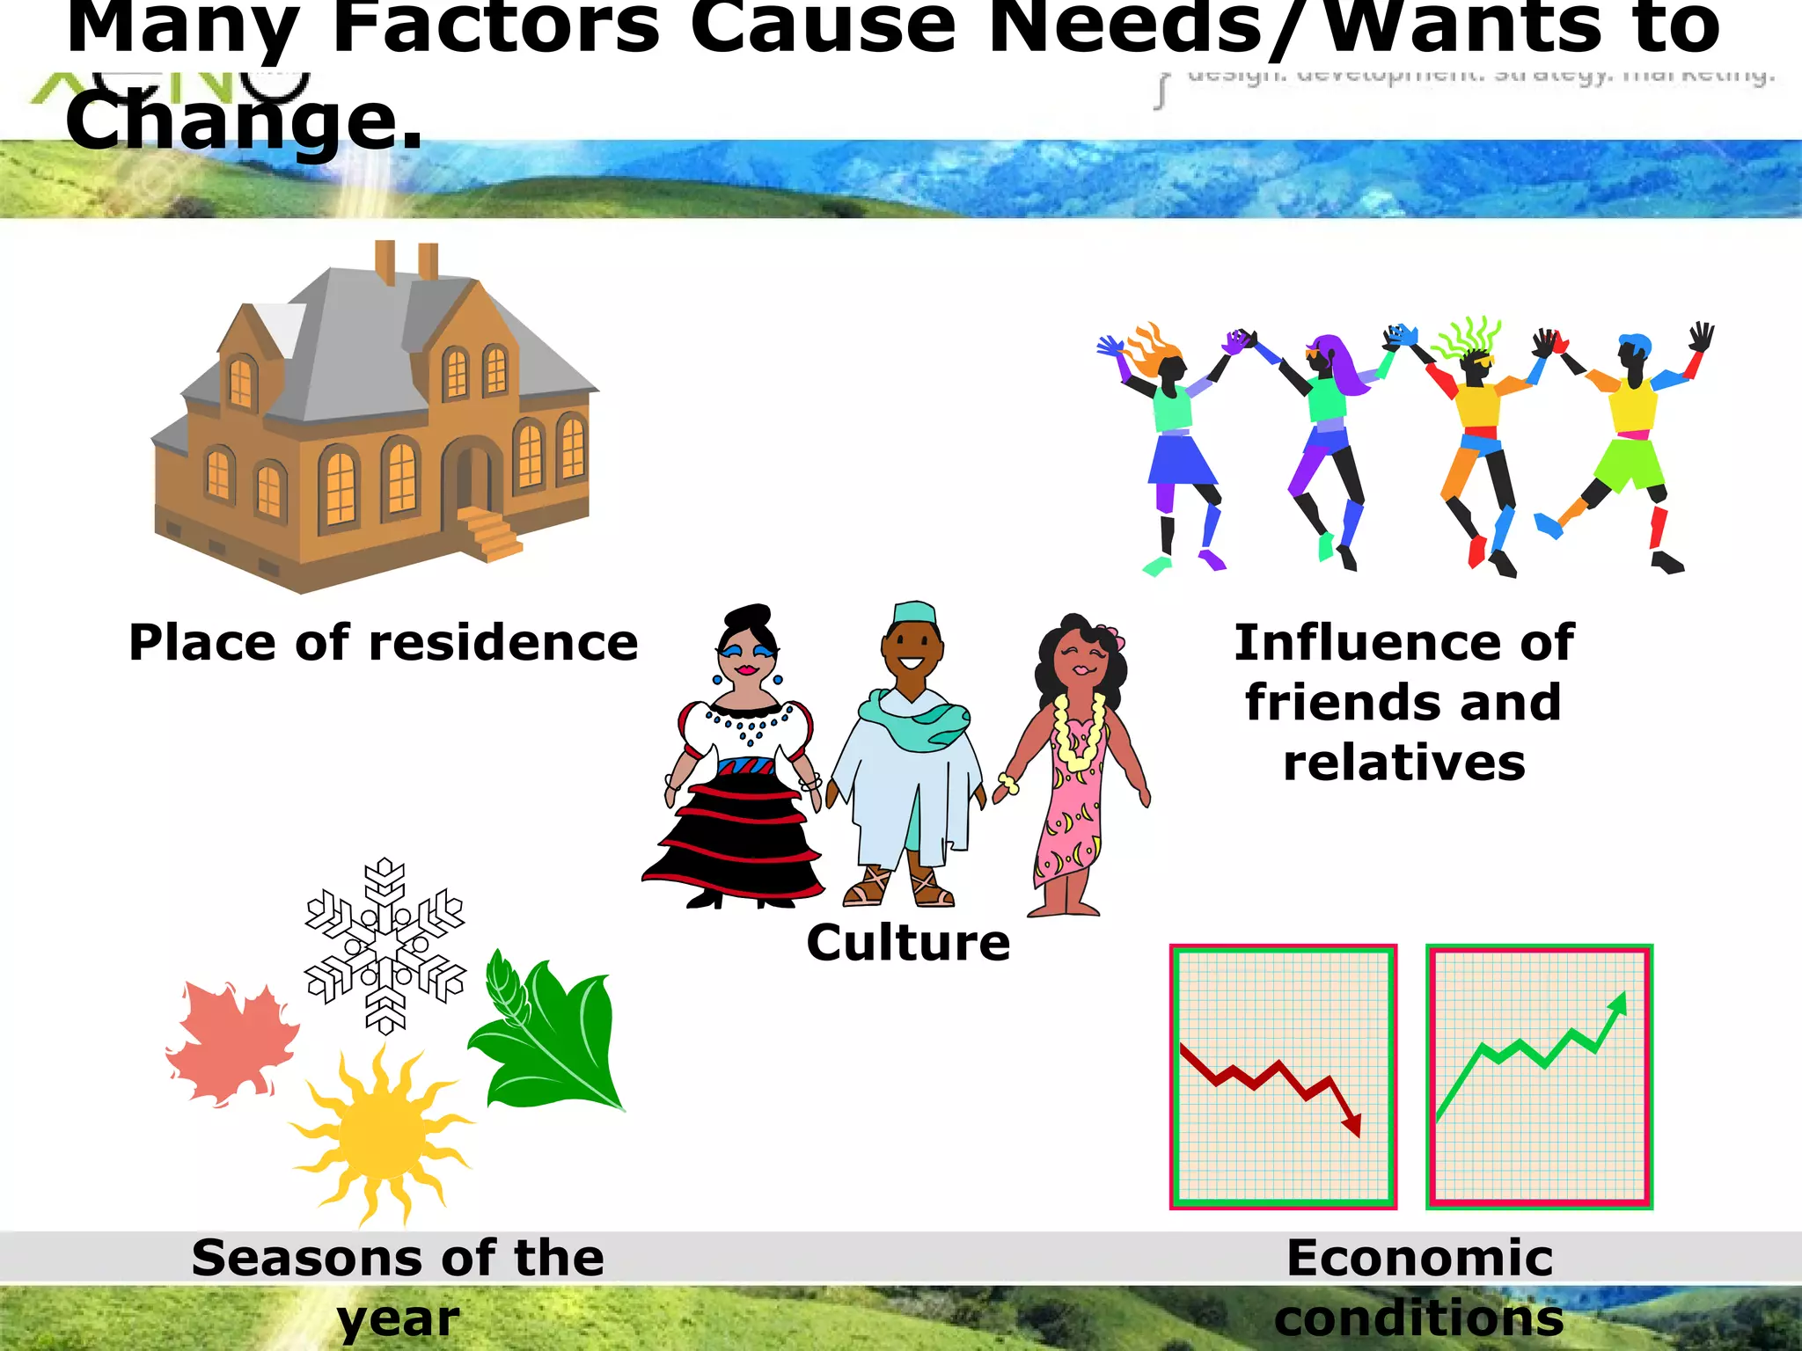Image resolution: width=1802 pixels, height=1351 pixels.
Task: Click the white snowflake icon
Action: point(385,946)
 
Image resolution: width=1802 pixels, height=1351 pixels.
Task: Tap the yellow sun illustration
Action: point(380,1136)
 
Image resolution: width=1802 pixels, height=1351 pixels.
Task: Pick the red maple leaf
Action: point(231,1043)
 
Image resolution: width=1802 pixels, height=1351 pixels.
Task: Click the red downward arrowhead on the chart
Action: point(1352,1125)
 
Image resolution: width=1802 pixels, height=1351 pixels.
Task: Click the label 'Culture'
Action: point(908,943)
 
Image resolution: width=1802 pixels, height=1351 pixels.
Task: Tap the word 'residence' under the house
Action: point(503,642)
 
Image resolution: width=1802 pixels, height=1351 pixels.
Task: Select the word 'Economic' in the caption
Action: point(1419,1257)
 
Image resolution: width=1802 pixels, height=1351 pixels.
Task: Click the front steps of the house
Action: point(487,532)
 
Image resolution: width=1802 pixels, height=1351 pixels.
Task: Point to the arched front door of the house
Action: point(472,479)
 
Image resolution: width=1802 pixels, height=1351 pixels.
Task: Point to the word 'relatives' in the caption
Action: point(1404,762)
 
